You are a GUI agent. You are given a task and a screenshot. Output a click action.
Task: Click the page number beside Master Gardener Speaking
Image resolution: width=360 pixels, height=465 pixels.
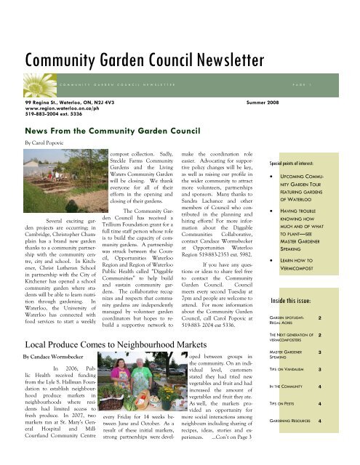pyautogui.click(x=341, y=352)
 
